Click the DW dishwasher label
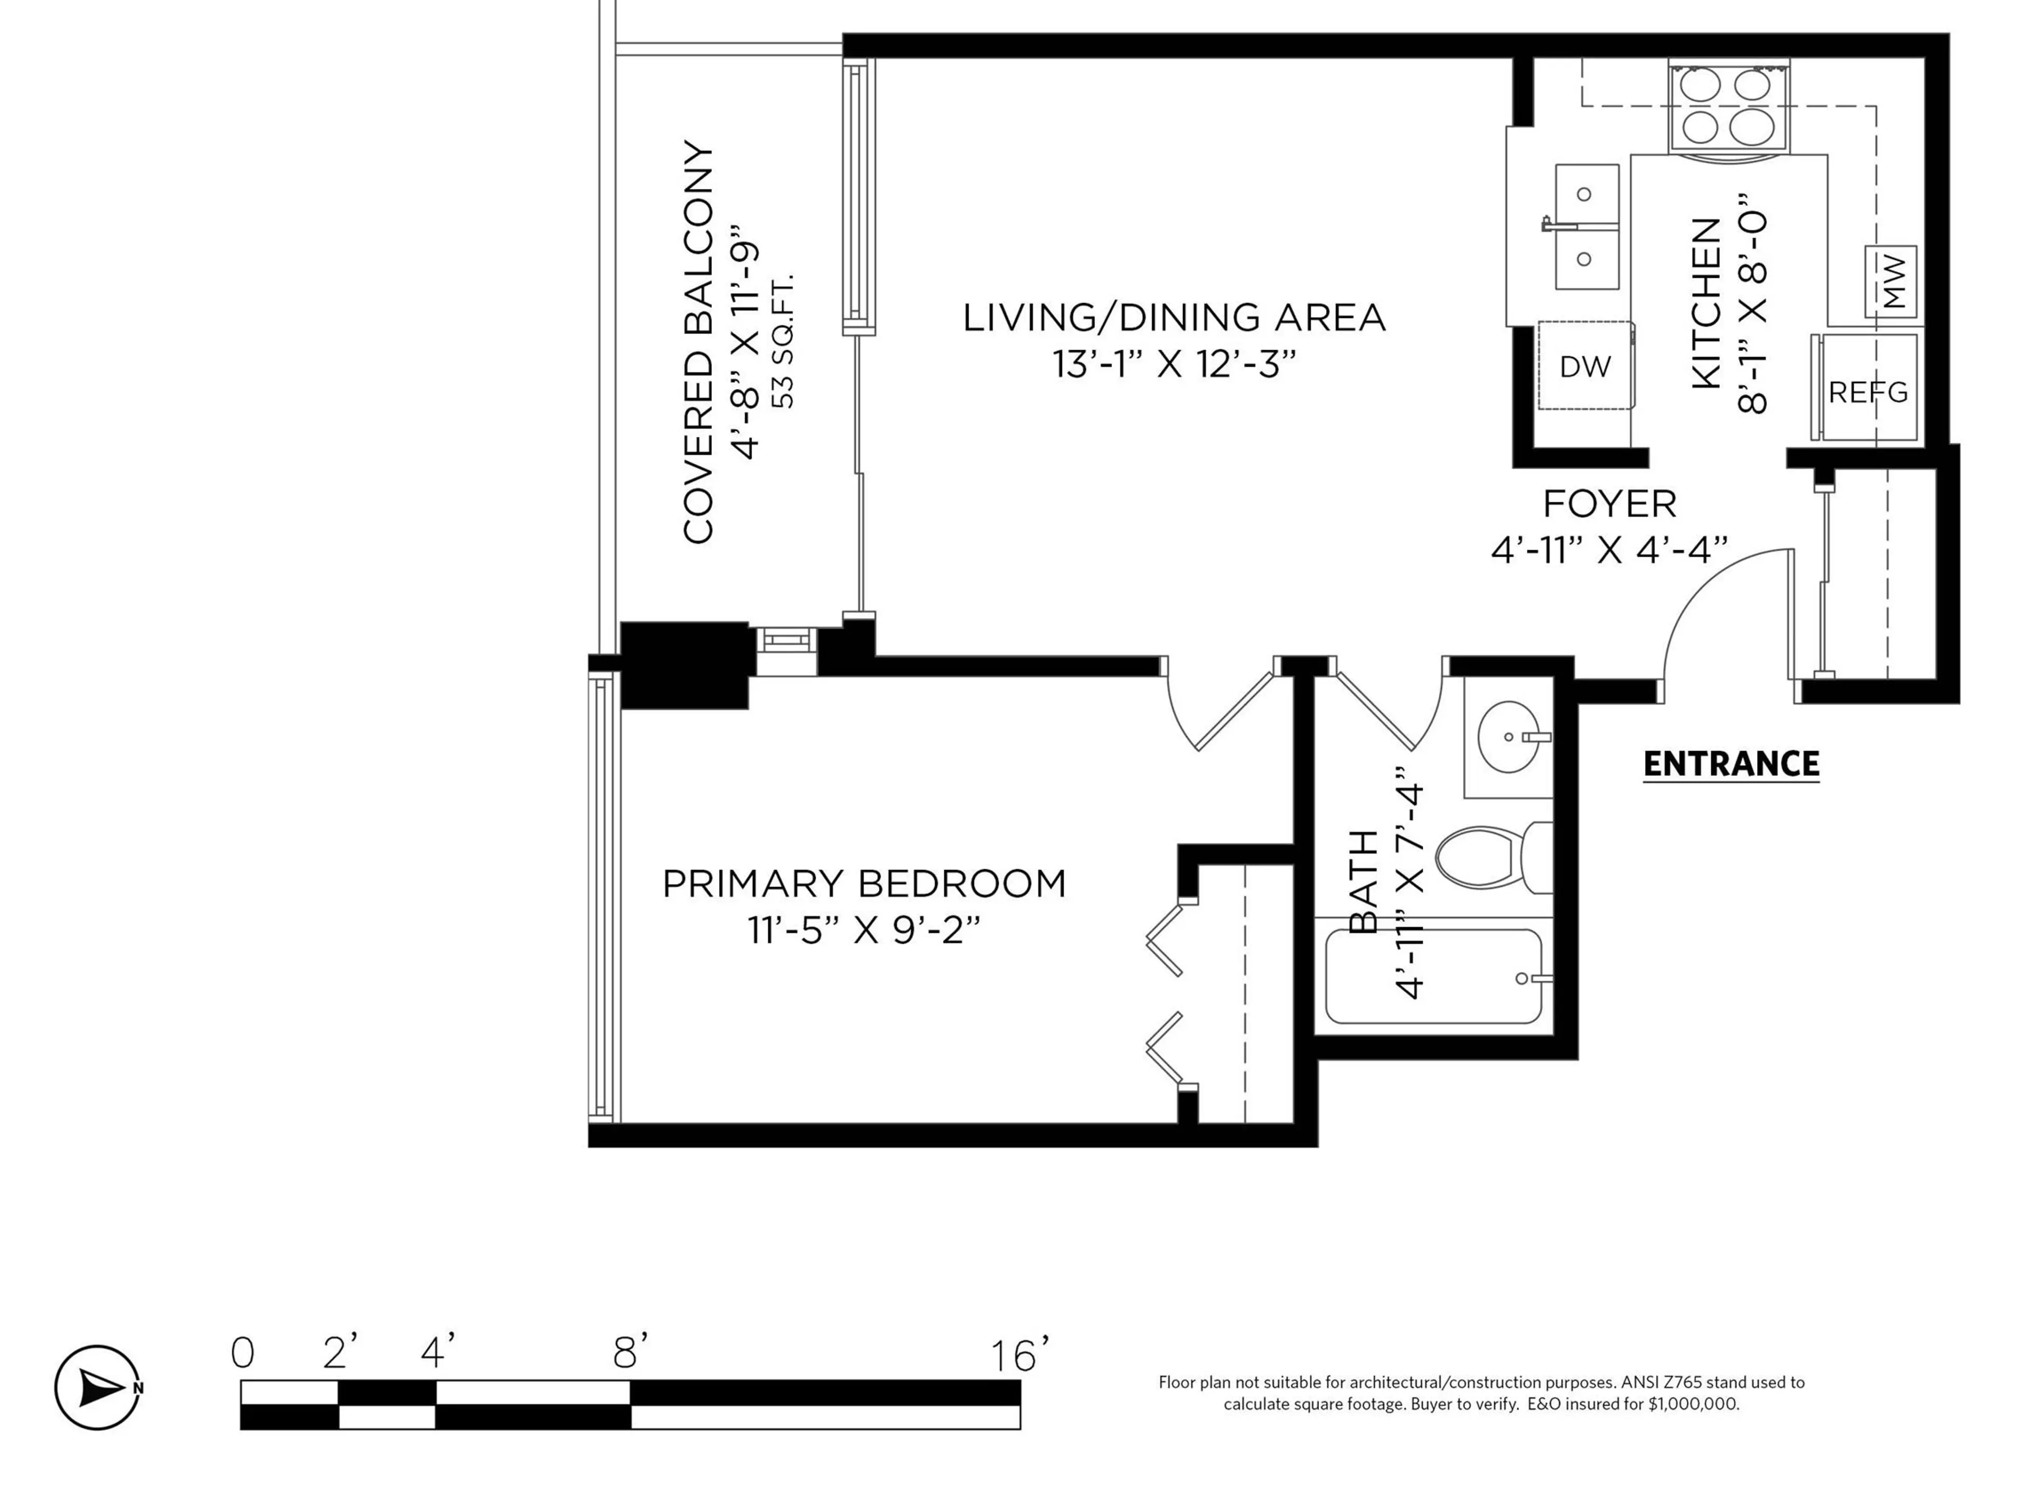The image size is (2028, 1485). pyautogui.click(x=1585, y=366)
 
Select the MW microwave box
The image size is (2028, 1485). pyautogui.click(x=1891, y=281)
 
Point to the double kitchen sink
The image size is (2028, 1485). pyautogui.click(x=1586, y=227)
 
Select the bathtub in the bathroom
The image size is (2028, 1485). pyautogui.click(x=1434, y=977)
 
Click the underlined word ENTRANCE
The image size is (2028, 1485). pyautogui.click(x=1731, y=764)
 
